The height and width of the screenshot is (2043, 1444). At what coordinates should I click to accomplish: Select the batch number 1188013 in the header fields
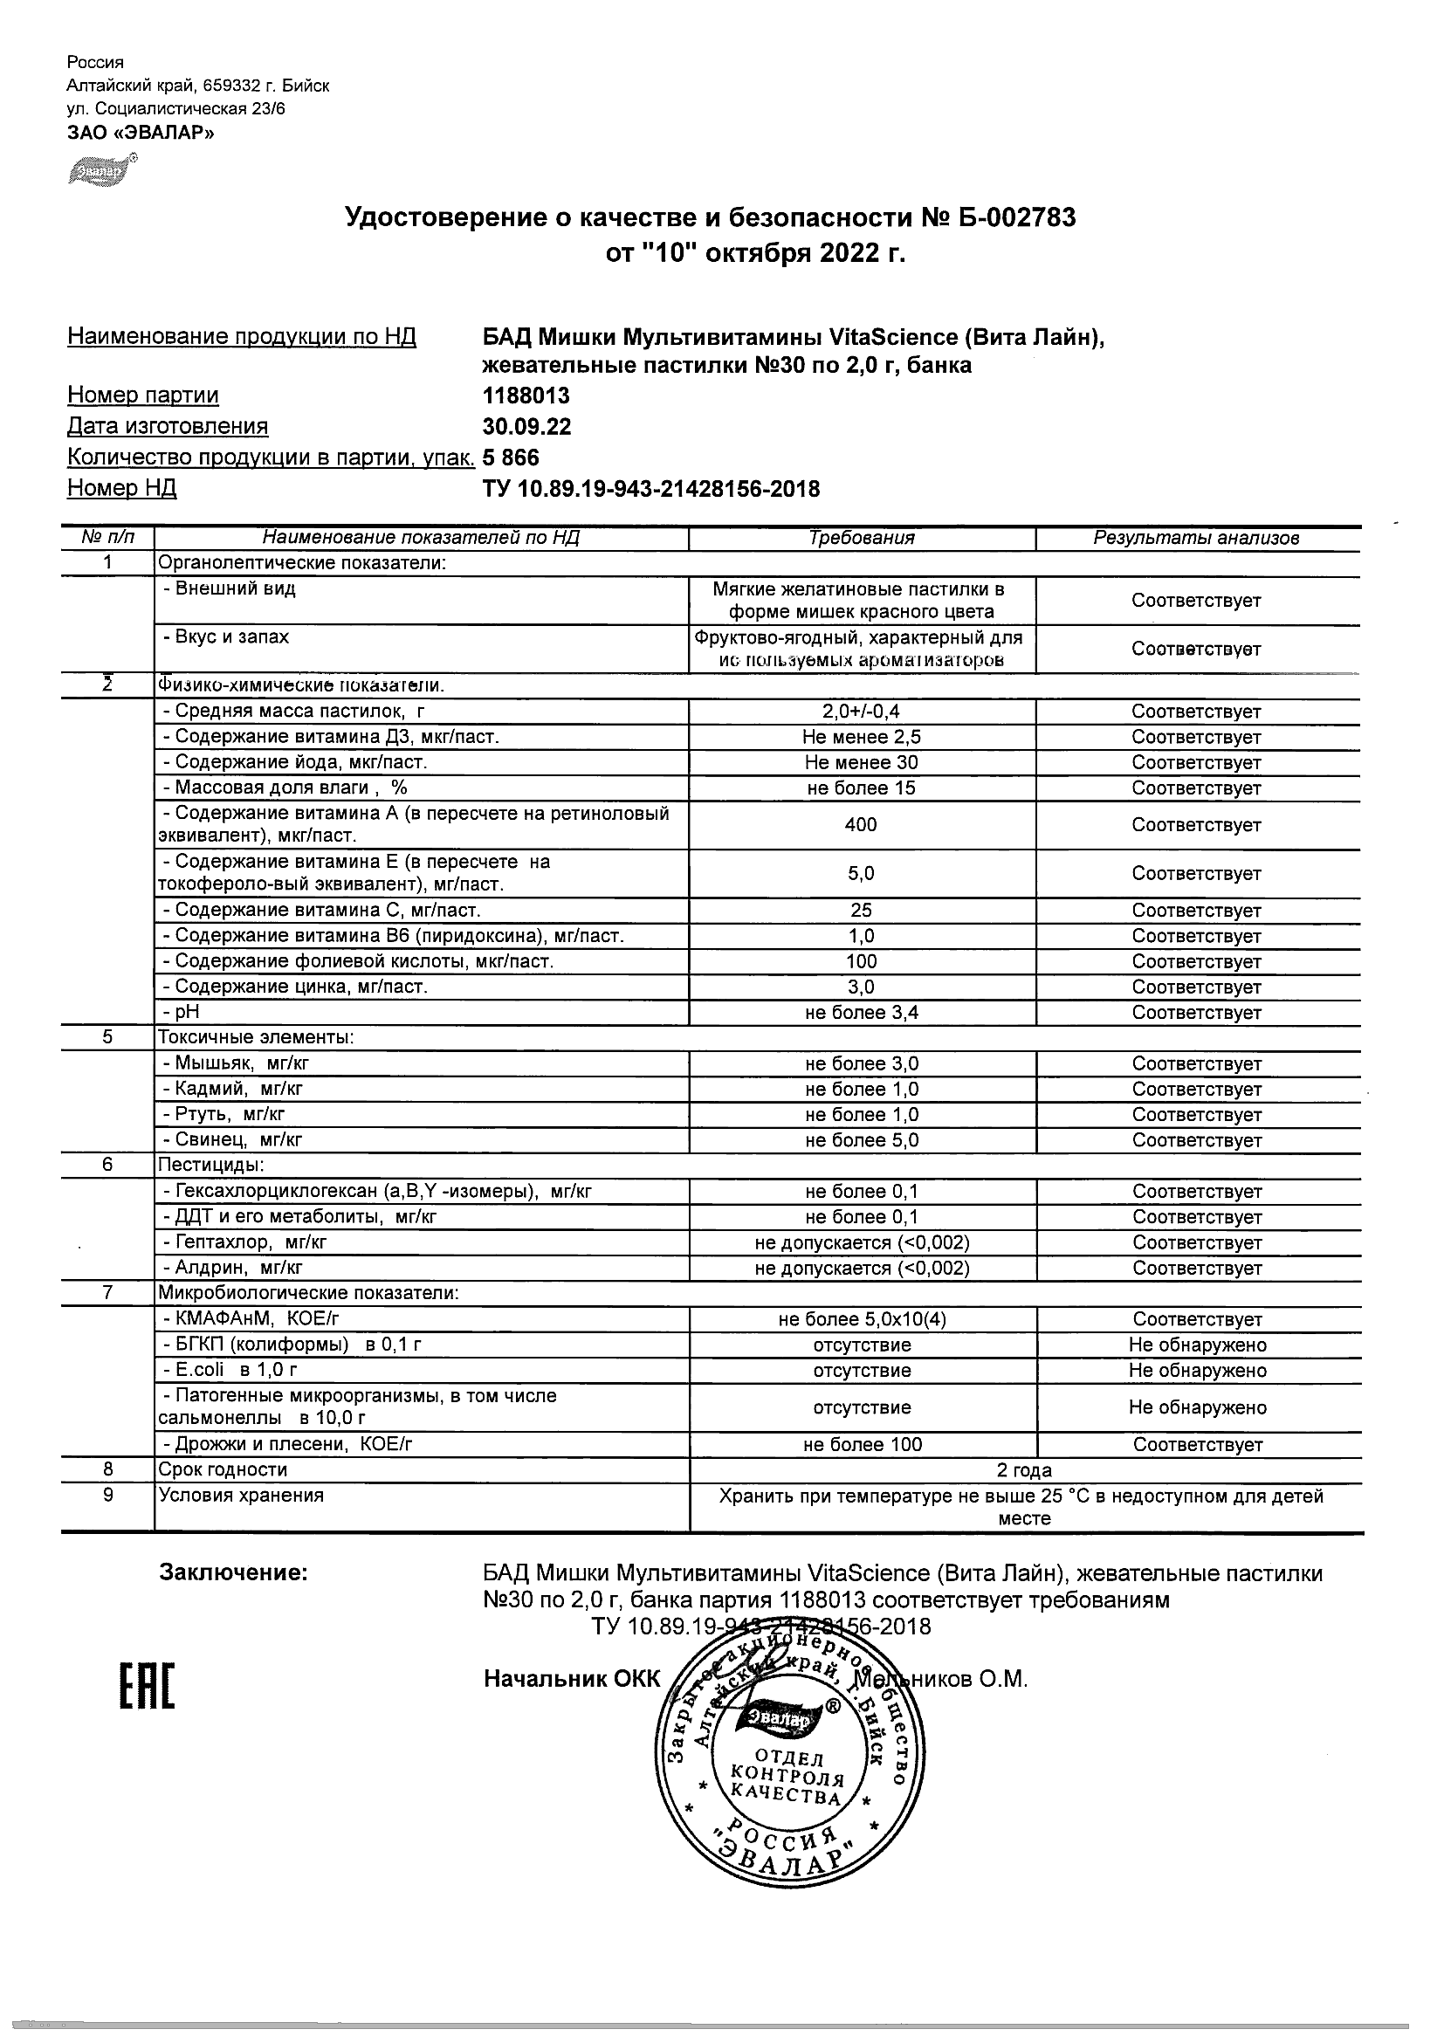[526, 396]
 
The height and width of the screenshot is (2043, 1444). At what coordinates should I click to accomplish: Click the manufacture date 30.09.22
[526, 426]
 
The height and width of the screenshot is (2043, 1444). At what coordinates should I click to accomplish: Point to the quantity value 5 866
[511, 457]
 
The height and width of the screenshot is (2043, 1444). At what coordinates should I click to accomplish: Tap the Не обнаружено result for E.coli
[1198, 1371]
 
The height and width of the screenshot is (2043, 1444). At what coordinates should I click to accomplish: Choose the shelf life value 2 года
[1024, 1470]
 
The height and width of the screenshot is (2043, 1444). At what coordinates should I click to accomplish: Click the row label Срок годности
[223, 1470]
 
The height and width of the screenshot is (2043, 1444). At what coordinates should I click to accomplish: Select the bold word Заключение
[233, 1572]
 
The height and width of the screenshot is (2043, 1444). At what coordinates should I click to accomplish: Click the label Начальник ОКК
[572, 1678]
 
